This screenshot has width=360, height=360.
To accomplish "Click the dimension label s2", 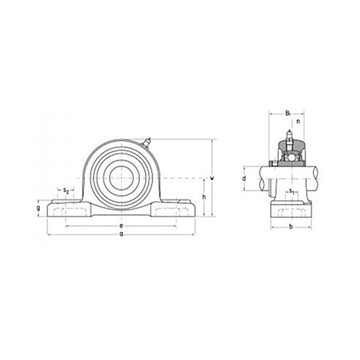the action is point(66,190).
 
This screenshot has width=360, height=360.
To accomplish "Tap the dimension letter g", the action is point(38,208).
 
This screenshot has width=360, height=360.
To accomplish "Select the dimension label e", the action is point(121,226).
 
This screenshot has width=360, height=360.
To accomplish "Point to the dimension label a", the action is point(121,234).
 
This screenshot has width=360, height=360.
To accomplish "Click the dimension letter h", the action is point(204,197).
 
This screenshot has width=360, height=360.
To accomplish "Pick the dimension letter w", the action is point(212,177).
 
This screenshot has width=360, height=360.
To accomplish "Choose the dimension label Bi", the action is point(288,113).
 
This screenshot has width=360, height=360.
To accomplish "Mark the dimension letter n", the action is point(298,121).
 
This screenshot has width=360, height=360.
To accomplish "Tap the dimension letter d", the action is point(244,178).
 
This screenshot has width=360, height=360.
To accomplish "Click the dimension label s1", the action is point(291,191).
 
